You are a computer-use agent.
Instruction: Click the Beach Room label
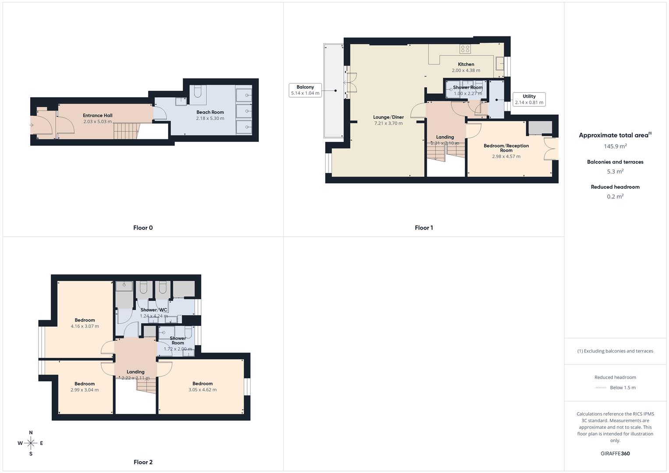point(210,112)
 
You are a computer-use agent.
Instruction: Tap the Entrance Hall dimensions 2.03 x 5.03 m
point(98,122)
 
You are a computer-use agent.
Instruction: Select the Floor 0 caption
point(143,228)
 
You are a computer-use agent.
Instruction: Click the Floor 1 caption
point(424,228)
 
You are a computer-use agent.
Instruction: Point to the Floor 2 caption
point(143,462)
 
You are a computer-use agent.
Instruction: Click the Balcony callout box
point(305,90)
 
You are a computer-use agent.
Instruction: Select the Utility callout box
point(529,99)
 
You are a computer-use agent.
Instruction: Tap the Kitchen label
point(466,64)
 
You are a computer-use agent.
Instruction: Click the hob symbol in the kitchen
point(465,49)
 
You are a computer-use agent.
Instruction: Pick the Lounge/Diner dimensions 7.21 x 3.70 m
point(389,124)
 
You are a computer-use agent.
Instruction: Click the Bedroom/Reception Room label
point(506,148)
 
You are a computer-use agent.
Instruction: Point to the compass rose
point(31,443)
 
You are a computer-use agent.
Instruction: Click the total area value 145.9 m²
point(615,146)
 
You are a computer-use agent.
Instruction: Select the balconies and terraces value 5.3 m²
point(615,171)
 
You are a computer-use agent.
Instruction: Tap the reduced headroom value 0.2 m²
point(615,197)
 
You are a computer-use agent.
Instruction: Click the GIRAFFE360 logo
point(615,454)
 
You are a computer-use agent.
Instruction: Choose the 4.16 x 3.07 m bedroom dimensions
point(85,326)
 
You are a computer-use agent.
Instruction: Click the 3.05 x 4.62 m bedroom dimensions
point(202,390)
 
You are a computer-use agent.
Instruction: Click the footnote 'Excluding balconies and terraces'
point(615,351)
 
